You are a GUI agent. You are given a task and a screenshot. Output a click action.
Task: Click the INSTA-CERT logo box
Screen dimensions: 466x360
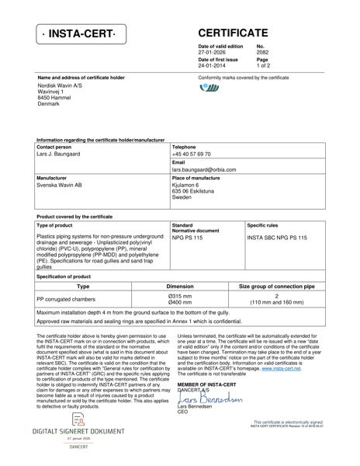78,35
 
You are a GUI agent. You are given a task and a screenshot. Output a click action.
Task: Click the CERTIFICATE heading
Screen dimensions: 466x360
234,33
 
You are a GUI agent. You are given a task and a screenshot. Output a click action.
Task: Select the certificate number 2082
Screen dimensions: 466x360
262,52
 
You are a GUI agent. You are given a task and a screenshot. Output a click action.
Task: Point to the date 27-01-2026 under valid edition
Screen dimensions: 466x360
214,52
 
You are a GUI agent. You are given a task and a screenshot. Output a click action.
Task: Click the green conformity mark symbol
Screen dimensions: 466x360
209,88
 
